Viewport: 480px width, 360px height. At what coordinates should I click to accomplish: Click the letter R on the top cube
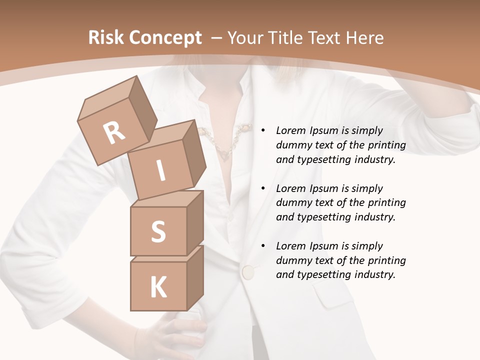tap(114, 133)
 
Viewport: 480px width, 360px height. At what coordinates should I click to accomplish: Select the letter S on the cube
tap(158, 231)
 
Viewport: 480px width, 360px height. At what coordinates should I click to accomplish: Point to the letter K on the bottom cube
tap(158, 287)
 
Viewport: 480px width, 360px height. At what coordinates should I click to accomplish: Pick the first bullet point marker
tap(263, 130)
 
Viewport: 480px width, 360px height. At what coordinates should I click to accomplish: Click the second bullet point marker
tap(263, 188)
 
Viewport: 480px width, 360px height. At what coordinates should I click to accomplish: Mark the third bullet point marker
tap(263, 246)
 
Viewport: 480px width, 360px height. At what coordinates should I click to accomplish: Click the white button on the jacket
tap(247, 272)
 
